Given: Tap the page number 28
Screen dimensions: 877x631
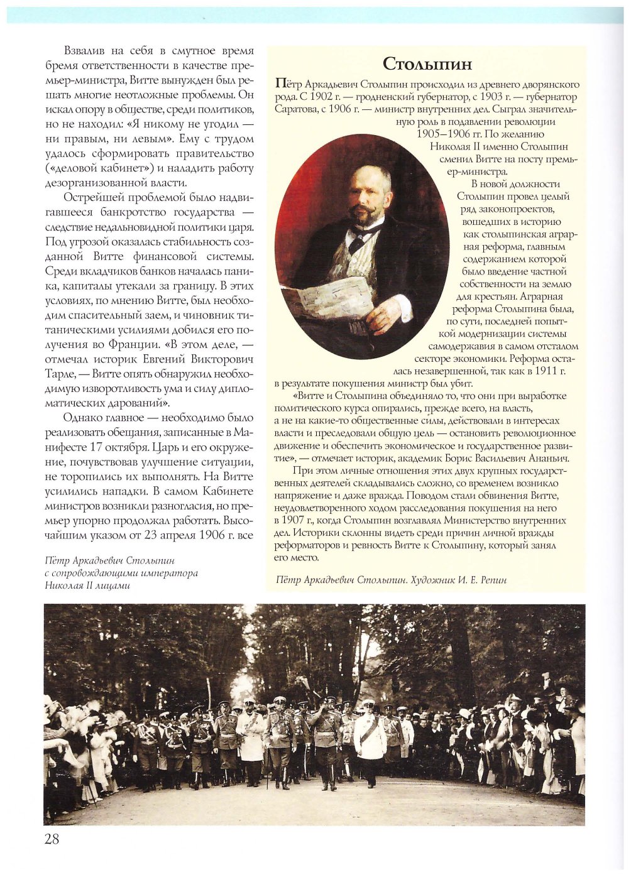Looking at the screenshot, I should click(52, 839).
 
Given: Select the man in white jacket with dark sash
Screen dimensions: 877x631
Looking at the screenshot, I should click(369, 741).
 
